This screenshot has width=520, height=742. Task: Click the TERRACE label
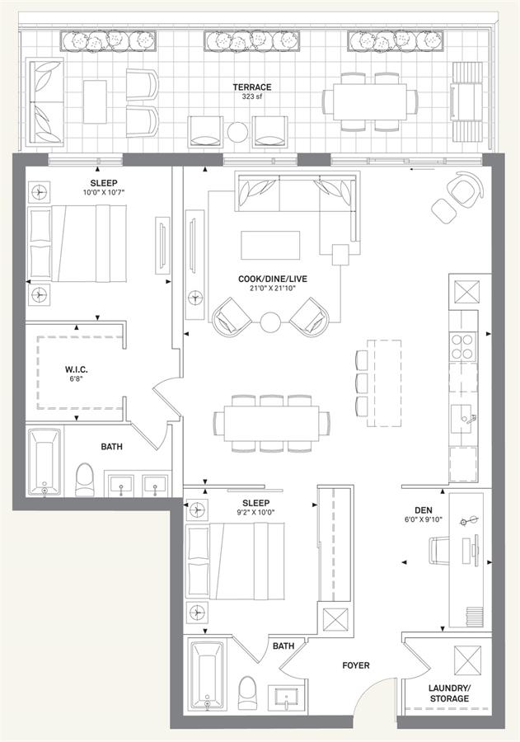251,87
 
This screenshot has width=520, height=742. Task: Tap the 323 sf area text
251,96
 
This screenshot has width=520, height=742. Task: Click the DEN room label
423,510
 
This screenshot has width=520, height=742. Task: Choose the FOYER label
356,665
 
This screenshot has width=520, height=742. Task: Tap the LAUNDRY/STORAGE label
449,693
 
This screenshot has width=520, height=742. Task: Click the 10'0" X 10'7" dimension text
104,192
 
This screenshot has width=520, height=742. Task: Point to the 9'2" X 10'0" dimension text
256,512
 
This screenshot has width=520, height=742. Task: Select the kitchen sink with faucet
464,419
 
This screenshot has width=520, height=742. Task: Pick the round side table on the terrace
237,132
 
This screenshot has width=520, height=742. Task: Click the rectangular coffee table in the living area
270,245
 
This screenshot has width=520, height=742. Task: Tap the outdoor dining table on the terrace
370,101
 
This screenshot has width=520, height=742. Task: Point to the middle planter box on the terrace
253,40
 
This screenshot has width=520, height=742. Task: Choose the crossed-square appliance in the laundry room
467,660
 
